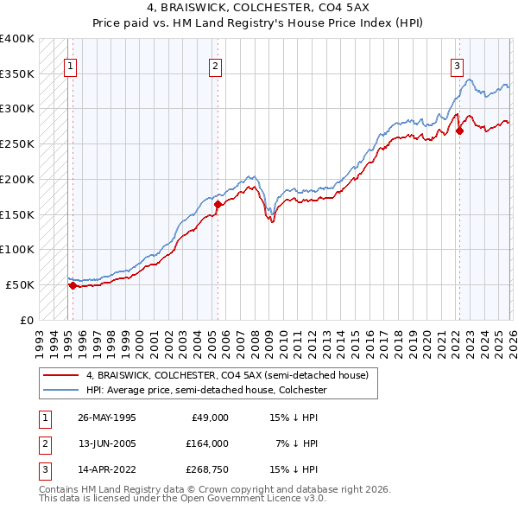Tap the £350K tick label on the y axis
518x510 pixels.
point(17,73)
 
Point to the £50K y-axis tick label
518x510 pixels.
point(20,284)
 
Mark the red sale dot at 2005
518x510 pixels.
point(218,205)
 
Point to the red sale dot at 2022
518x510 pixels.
point(459,131)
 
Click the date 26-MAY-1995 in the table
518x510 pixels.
point(106,418)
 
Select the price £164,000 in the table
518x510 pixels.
point(208,443)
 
